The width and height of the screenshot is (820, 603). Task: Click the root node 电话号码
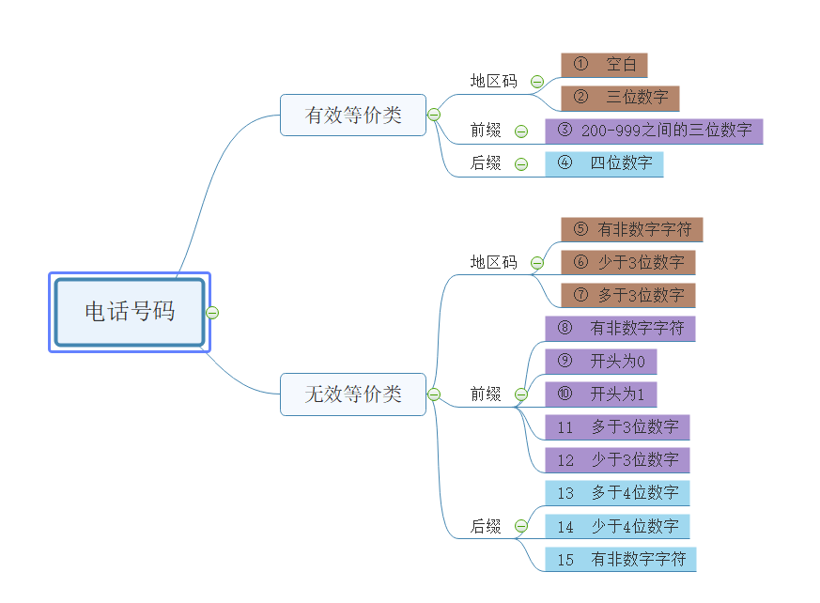click(130, 312)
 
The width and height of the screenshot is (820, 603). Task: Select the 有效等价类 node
click(353, 115)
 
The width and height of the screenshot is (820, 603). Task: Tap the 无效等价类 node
click(353, 394)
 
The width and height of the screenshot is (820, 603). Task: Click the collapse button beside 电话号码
click(212, 313)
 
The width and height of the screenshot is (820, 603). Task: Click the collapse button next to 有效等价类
click(434, 115)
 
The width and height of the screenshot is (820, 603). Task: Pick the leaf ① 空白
click(604, 65)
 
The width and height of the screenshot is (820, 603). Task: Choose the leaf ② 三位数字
click(620, 98)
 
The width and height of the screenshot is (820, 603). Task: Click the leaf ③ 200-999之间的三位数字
click(654, 131)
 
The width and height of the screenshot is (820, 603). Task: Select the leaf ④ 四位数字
click(604, 163)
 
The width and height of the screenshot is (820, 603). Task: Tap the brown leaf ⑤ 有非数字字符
click(631, 229)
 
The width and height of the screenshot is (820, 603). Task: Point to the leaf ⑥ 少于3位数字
click(627, 262)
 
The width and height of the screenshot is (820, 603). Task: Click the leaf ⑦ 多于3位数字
click(627, 295)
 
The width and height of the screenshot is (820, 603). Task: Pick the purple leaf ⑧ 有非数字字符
click(620, 329)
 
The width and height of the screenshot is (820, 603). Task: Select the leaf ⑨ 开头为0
click(600, 362)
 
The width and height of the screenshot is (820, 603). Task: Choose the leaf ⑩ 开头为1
click(600, 394)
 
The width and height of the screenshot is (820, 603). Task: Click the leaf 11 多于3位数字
click(617, 427)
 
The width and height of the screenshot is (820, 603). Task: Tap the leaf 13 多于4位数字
click(617, 493)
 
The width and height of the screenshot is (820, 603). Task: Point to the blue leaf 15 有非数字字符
click(620, 560)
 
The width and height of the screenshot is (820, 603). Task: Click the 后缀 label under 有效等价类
click(486, 163)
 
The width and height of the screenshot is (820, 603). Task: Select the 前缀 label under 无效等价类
click(486, 394)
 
